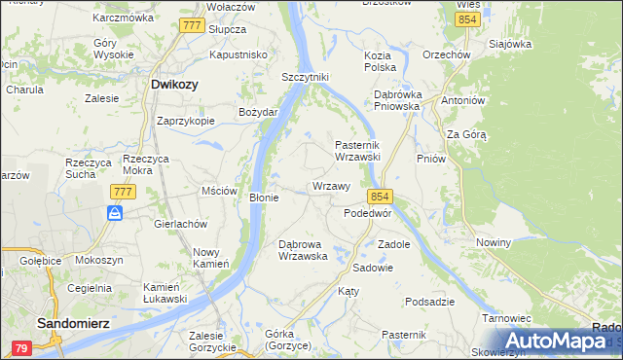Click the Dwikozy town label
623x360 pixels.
click(175, 85)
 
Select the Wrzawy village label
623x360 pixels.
click(331, 186)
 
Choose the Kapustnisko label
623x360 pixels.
click(238, 55)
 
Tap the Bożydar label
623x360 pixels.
click(259, 112)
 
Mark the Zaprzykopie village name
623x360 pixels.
click(186, 122)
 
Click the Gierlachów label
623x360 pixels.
click(182, 223)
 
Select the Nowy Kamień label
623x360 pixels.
click(210, 258)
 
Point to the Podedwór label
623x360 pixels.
click(368, 212)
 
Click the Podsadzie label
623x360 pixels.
click(431, 302)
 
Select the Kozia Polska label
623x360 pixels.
click(380, 62)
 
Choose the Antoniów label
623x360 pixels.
click(462, 100)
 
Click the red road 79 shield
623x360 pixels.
click(21, 347)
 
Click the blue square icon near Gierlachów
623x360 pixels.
click(115, 213)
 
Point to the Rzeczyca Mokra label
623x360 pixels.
click(148, 164)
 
